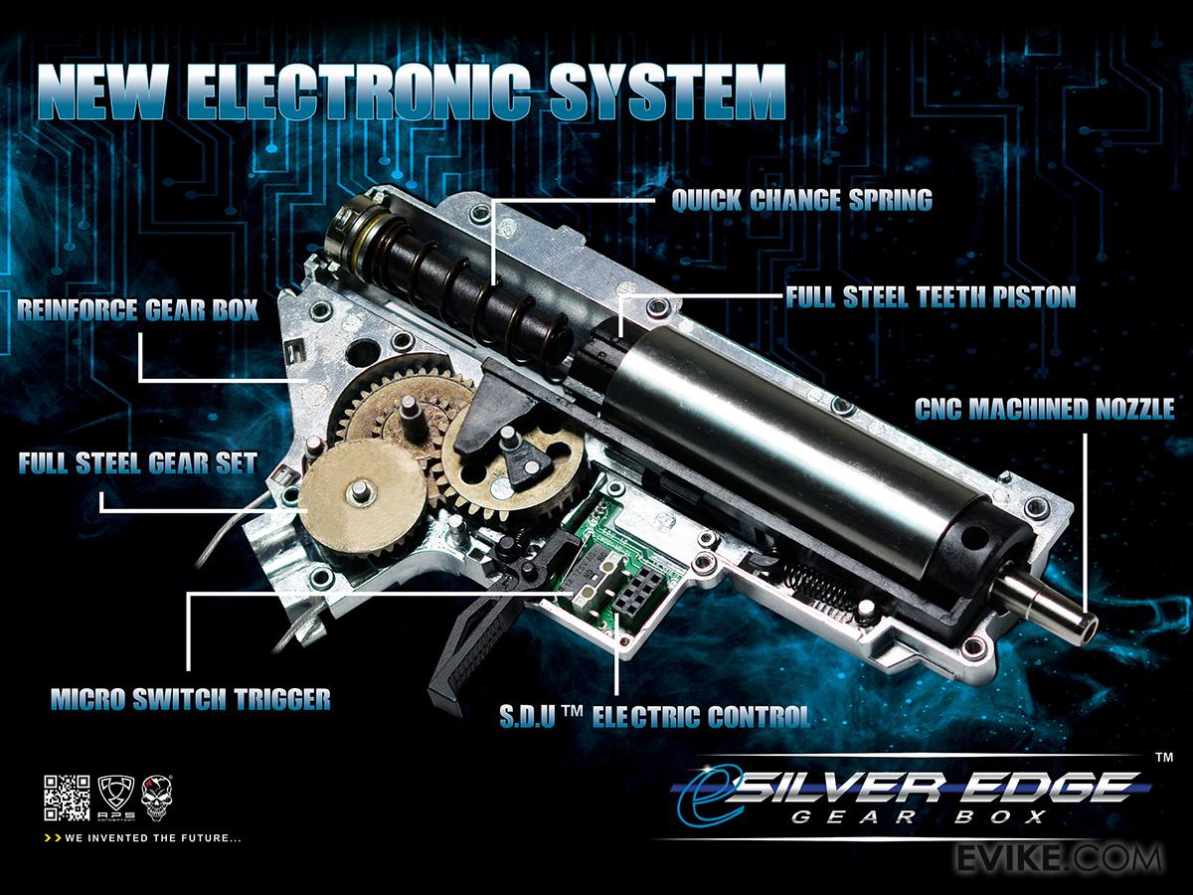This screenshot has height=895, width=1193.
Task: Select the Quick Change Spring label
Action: (801, 201)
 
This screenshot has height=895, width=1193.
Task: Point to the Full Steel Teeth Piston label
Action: (931, 296)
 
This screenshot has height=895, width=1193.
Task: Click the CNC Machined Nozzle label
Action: (1045, 409)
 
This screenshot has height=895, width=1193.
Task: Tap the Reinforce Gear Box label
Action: (137, 310)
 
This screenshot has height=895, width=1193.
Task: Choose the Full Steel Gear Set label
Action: (137, 463)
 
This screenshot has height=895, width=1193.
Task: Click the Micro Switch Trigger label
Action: (191, 699)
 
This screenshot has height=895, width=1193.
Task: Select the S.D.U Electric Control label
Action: (655, 717)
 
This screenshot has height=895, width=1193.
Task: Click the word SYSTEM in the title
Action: (667, 91)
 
